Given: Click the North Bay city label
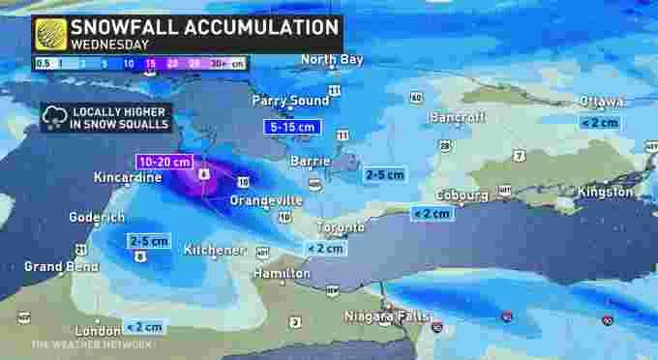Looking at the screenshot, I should click(331, 60).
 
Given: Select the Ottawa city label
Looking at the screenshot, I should click(602, 102).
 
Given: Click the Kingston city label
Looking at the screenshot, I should click(606, 192).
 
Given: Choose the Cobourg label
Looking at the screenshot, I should click(462, 195).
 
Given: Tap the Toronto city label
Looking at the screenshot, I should click(341, 226).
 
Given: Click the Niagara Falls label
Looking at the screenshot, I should click(385, 315).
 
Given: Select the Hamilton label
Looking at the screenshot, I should click(284, 274).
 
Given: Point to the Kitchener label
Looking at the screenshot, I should click(215, 250).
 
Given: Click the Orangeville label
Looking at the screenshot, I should click(266, 199).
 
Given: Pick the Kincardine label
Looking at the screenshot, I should click(127, 178).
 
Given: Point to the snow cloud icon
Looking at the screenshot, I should click(51, 118).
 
